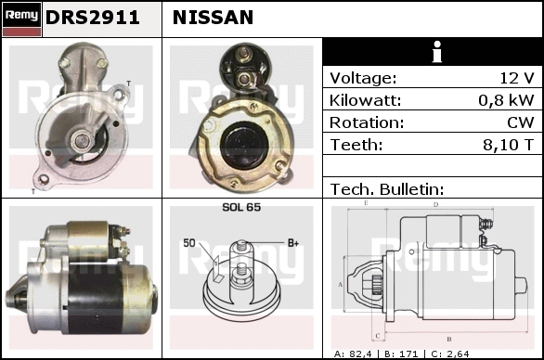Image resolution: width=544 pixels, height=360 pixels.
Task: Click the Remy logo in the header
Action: (22, 19)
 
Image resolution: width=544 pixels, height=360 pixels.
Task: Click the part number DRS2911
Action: (93, 18)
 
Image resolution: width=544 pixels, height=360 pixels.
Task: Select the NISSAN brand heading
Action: (213, 18)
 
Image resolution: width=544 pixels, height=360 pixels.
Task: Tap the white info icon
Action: (437, 52)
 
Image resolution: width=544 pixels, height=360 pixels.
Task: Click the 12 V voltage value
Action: (517, 78)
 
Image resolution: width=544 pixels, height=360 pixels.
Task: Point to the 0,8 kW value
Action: (506, 100)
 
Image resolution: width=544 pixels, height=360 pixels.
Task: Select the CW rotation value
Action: (521, 122)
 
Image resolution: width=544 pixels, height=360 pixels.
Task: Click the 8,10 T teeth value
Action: (509, 145)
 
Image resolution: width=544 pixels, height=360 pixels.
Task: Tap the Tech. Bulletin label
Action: (387, 189)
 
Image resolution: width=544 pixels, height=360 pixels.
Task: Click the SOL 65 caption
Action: (241, 207)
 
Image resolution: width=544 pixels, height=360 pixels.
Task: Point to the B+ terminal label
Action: (293, 243)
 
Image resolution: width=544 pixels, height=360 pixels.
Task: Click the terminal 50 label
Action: (189, 243)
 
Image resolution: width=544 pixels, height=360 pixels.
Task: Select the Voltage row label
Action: (363, 78)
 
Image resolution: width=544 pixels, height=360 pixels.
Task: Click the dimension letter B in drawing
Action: (449, 339)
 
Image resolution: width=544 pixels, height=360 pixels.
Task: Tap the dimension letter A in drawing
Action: (341, 285)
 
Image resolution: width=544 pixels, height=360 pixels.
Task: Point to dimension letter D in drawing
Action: (436, 205)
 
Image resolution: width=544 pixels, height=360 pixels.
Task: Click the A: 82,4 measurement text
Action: (353, 354)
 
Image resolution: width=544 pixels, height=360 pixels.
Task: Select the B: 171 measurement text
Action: (401, 354)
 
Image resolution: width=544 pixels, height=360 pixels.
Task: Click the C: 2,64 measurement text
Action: (450, 354)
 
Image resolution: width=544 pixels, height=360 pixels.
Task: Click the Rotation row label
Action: (367, 122)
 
